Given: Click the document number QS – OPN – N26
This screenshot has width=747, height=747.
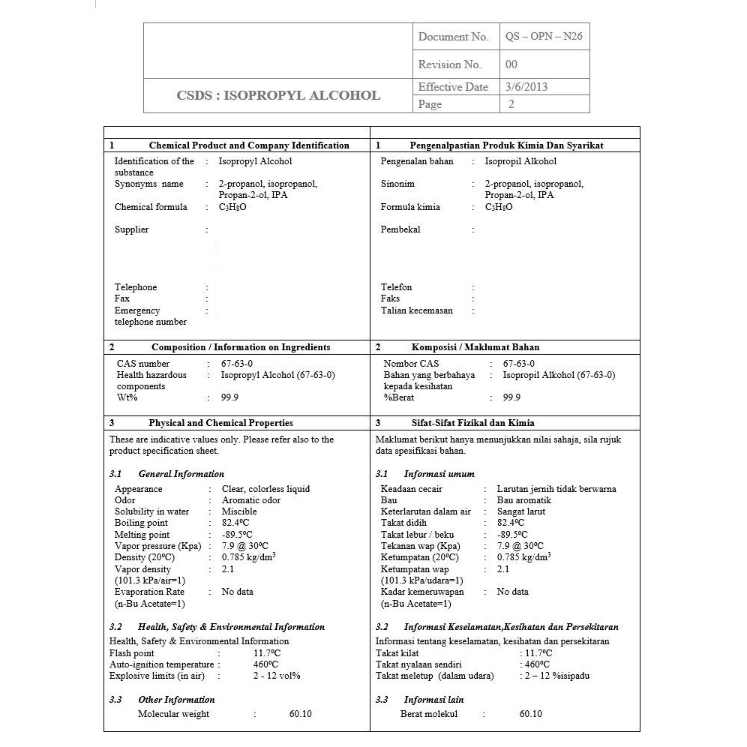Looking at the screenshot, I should coord(544,37).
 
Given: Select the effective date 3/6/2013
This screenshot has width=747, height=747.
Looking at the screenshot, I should coord(526,87).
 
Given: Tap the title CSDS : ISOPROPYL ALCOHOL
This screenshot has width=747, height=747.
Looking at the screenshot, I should coord(278,95).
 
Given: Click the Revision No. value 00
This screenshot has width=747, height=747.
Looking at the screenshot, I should coord(511,64).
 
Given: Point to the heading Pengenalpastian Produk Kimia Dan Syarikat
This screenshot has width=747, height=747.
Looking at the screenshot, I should coord(506,145).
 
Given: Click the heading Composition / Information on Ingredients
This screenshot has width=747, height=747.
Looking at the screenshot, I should coord(241,347).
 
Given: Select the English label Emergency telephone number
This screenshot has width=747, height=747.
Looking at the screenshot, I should coord(150,316).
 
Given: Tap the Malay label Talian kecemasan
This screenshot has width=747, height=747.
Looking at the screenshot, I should coord(416,310).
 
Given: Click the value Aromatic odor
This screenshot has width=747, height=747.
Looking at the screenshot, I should coord(251,500).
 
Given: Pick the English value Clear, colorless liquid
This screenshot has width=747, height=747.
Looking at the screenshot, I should coord(265,489).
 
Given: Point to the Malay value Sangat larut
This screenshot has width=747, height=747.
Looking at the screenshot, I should coord(521,511).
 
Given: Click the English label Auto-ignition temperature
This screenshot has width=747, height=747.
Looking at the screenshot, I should coord(161,664).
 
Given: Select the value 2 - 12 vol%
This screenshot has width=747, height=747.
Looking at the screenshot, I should coord(277,676).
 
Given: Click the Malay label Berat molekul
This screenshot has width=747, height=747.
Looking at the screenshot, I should coord(429,714).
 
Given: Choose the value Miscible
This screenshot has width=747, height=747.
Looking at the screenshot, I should coord(239,511).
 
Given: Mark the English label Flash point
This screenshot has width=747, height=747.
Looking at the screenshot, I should coord(132,653).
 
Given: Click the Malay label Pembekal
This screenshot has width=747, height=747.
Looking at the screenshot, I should coord(400,229).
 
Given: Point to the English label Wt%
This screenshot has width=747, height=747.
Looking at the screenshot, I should coord(127,397).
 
